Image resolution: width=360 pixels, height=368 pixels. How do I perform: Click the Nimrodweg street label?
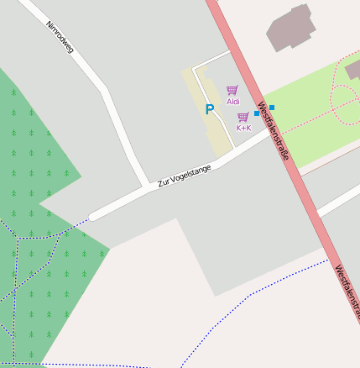point(60,37)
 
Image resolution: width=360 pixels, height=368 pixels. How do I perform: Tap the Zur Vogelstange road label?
point(184,175)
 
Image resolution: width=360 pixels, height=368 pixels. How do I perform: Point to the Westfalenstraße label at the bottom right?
point(347,288)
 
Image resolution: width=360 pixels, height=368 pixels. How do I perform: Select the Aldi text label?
point(232,102)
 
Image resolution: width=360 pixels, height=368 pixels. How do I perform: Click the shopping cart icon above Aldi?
point(232,90)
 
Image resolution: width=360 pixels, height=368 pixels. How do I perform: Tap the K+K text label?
point(243,128)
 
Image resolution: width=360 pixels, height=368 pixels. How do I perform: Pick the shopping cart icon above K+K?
point(243,117)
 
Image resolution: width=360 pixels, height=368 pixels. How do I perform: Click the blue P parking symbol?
point(209,109)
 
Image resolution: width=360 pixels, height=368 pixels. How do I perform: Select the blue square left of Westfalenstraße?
point(257,113)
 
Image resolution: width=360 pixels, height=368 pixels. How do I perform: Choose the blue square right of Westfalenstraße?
point(272,108)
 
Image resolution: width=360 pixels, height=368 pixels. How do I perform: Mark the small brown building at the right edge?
point(353,69)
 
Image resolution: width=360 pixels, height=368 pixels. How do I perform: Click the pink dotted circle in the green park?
point(345,106)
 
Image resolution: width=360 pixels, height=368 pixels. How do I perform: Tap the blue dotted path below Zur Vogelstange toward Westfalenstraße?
point(252,293)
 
